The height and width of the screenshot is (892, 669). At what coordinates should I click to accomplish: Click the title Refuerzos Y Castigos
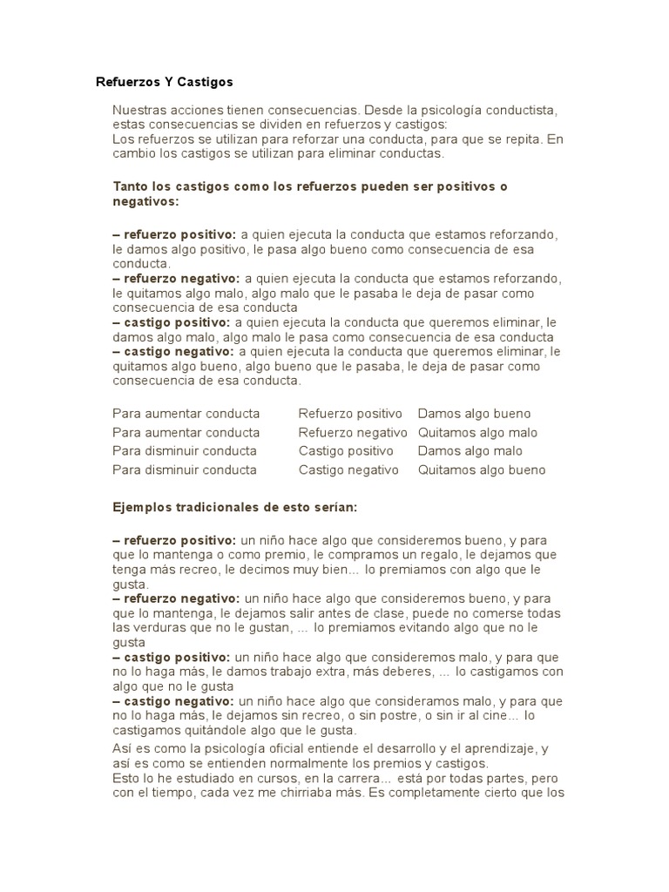(x=165, y=83)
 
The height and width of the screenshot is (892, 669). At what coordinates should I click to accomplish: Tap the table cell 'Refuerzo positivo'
(x=350, y=414)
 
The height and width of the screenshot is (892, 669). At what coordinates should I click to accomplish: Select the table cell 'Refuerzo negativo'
(x=353, y=432)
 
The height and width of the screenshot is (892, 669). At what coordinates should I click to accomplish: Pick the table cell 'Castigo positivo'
(x=346, y=451)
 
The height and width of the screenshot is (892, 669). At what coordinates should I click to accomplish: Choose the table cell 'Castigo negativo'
(x=348, y=470)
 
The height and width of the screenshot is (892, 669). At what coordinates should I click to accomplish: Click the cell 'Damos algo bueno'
(x=474, y=414)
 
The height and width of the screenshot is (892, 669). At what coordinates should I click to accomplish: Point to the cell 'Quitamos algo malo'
(x=477, y=432)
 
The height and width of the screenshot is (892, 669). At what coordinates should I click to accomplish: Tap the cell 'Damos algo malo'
(x=470, y=451)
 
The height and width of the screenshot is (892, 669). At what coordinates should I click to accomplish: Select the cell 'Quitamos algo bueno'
(x=482, y=470)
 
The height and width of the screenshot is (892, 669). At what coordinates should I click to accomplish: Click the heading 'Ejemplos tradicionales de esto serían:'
(x=235, y=507)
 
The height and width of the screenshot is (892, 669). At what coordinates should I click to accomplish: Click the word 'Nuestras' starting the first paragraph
(x=139, y=111)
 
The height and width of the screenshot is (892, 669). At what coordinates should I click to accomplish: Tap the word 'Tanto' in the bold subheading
(x=131, y=187)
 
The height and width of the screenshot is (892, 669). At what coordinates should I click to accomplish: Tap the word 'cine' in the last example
(x=490, y=716)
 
